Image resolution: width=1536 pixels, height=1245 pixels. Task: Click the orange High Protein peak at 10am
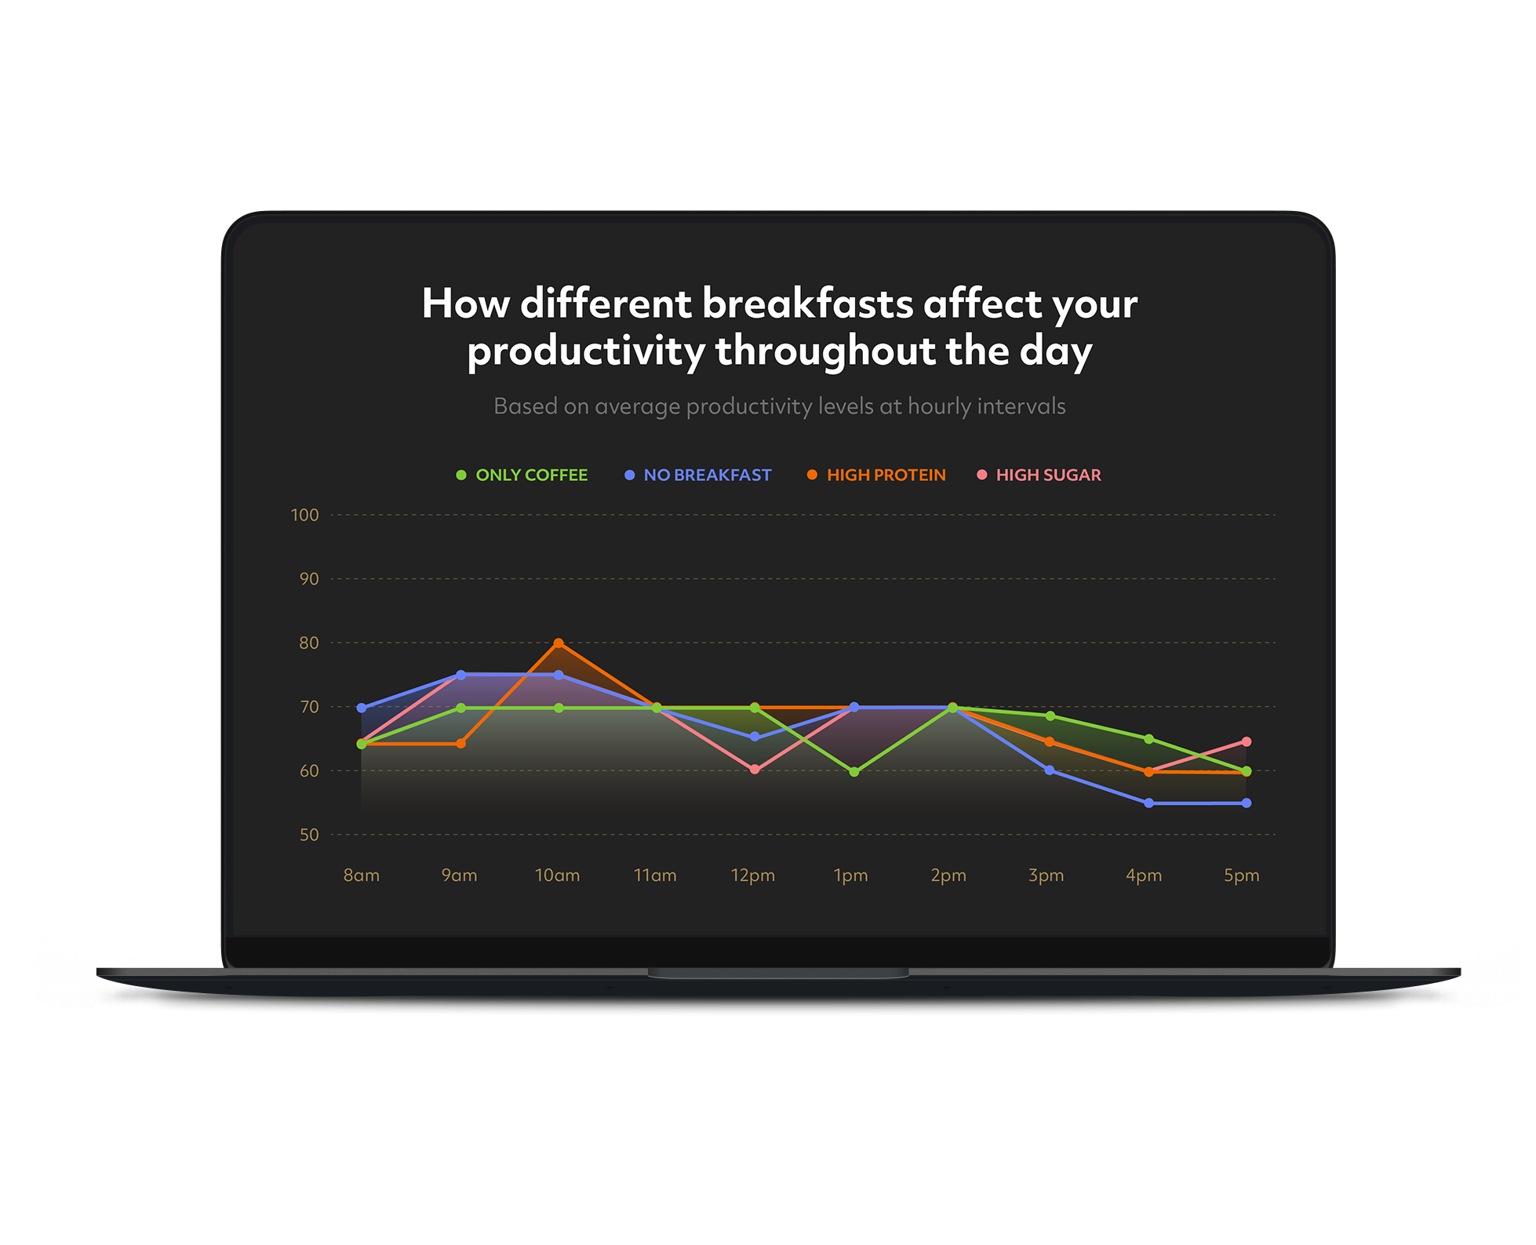pos(559,643)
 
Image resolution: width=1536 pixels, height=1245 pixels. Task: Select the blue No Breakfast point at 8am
pos(362,708)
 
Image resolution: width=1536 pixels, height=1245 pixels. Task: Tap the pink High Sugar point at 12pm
pos(755,770)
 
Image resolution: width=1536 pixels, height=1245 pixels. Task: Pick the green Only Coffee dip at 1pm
pos(854,772)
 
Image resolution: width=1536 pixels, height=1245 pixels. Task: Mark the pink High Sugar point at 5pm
pos(1247,741)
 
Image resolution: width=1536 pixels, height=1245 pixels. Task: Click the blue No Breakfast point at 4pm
pos(1149,803)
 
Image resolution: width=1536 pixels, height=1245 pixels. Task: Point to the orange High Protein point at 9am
pos(460,743)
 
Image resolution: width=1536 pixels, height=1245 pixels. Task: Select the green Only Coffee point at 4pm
pos(1149,739)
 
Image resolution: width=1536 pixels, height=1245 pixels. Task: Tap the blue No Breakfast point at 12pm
pos(755,737)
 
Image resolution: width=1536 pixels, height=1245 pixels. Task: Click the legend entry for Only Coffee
pos(522,475)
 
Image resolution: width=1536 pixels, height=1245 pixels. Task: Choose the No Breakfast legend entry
pos(698,475)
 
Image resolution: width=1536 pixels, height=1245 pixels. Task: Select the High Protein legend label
pos(886,475)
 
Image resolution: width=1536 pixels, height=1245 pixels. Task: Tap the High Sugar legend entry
pos(1039,475)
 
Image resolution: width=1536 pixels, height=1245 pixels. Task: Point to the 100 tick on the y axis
pos(304,515)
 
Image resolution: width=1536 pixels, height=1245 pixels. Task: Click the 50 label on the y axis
pos(309,835)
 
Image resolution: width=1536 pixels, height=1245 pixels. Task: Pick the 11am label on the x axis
pos(655,876)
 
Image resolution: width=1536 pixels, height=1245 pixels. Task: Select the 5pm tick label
pos(1242,876)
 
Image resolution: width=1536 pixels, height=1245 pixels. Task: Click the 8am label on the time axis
pos(362,876)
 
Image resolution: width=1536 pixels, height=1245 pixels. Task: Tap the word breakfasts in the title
pos(808,303)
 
